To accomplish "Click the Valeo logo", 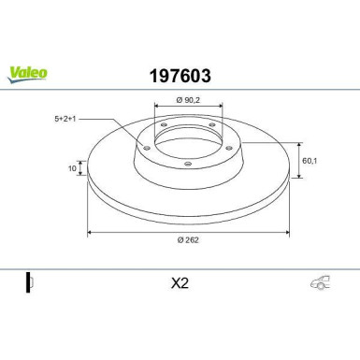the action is (x=27, y=75).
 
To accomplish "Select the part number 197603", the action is (x=180, y=76).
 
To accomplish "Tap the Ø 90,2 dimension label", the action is (x=188, y=100).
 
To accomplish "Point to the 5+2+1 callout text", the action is (x=65, y=119).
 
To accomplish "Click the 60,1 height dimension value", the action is (x=310, y=161).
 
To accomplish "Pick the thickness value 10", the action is (x=72, y=168).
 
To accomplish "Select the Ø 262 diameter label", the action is (x=188, y=240).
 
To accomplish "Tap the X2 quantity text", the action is (x=180, y=283).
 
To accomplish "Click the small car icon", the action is (x=320, y=282).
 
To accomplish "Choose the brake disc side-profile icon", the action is (x=30, y=282).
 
